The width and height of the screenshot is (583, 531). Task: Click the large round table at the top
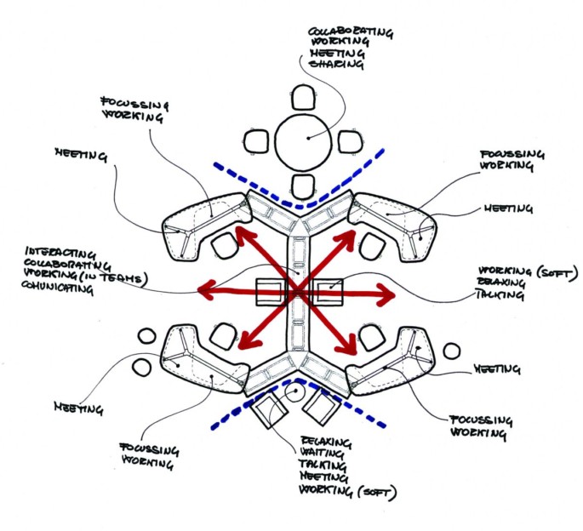pos(302,138)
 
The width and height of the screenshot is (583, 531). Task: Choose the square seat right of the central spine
pos(328,292)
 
